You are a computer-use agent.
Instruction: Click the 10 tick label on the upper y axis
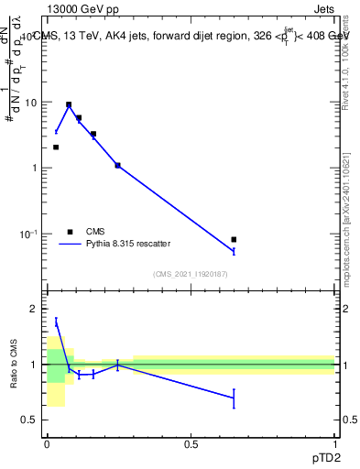click(32, 103)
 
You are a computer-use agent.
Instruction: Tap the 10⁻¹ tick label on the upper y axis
click(30, 234)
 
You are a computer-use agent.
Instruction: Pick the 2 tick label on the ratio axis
click(34, 310)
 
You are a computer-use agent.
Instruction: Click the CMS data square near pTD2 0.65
click(234, 239)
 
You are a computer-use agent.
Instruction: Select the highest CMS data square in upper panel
click(69, 104)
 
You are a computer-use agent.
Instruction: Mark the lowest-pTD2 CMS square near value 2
click(56, 147)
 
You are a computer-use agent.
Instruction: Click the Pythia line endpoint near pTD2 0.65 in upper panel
click(234, 251)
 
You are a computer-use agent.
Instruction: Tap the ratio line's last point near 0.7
click(234, 398)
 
